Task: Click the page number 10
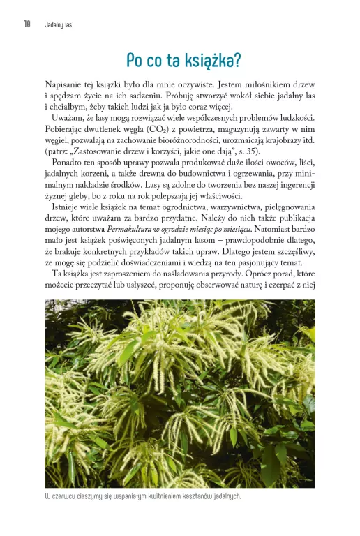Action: [27, 24]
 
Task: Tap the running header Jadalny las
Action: [59, 24]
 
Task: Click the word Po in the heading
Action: [133, 61]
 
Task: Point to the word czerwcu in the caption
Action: [68, 497]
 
